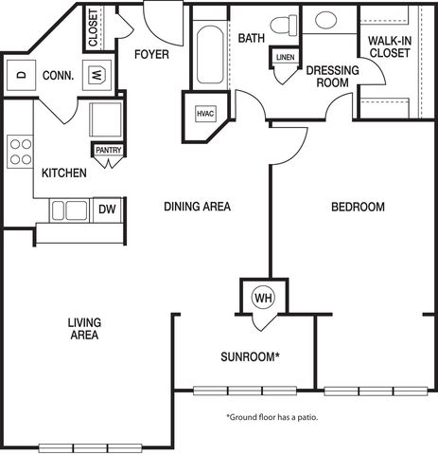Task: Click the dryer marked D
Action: pos(21,76)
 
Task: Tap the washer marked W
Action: pos(96,76)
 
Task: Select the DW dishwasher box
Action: pos(107,209)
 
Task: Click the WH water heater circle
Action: pos(263,298)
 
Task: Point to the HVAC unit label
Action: pos(205,114)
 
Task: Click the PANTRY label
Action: pos(109,150)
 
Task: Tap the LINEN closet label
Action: pos(285,57)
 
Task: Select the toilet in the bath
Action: pos(284,25)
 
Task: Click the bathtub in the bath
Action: pos(210,55)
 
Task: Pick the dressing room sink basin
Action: pos(325,20)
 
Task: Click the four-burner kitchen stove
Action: pos(21,152)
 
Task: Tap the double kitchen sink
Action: pos(69,210)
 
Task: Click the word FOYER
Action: pos(151,54)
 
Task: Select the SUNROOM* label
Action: pos(251,356)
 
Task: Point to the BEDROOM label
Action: pos(358,207)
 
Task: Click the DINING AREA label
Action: pos(197,207)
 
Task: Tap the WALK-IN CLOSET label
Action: pos(390,47)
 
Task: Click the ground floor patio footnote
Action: pos(272,417)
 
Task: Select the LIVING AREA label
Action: pos(84,329)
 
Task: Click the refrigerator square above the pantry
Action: pos(106,119)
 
